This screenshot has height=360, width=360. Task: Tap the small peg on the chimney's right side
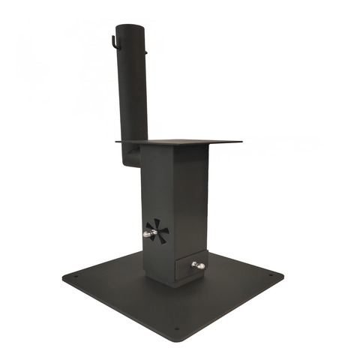[x=149, y=52]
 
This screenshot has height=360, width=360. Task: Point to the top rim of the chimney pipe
[x=131, y=26]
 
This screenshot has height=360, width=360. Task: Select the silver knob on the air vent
[x=149, y=235]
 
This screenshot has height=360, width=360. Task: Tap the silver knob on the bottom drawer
[x=198, y=265]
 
